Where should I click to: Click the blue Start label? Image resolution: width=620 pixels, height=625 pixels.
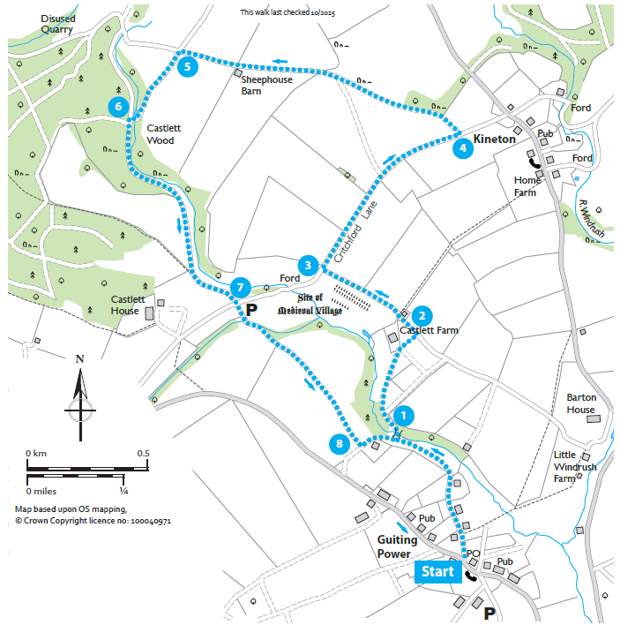pos(437,571)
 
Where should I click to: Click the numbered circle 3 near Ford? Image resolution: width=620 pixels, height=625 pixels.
pos(307,265)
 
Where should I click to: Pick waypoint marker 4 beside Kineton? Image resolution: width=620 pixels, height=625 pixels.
pos(462,148)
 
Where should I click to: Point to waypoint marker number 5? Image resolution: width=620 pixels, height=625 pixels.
pos(186,66)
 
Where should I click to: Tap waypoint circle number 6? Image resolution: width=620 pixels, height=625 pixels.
pos(118,107)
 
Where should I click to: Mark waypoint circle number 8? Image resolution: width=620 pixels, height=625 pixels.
pos(338,444)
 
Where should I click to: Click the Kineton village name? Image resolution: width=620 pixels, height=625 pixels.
pos(495,139)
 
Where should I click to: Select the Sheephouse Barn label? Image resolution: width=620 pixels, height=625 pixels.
pos(267,85)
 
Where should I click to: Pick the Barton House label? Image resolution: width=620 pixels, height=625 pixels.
pos(582,403)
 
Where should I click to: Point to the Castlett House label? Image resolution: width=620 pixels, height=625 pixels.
pos(128,305)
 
